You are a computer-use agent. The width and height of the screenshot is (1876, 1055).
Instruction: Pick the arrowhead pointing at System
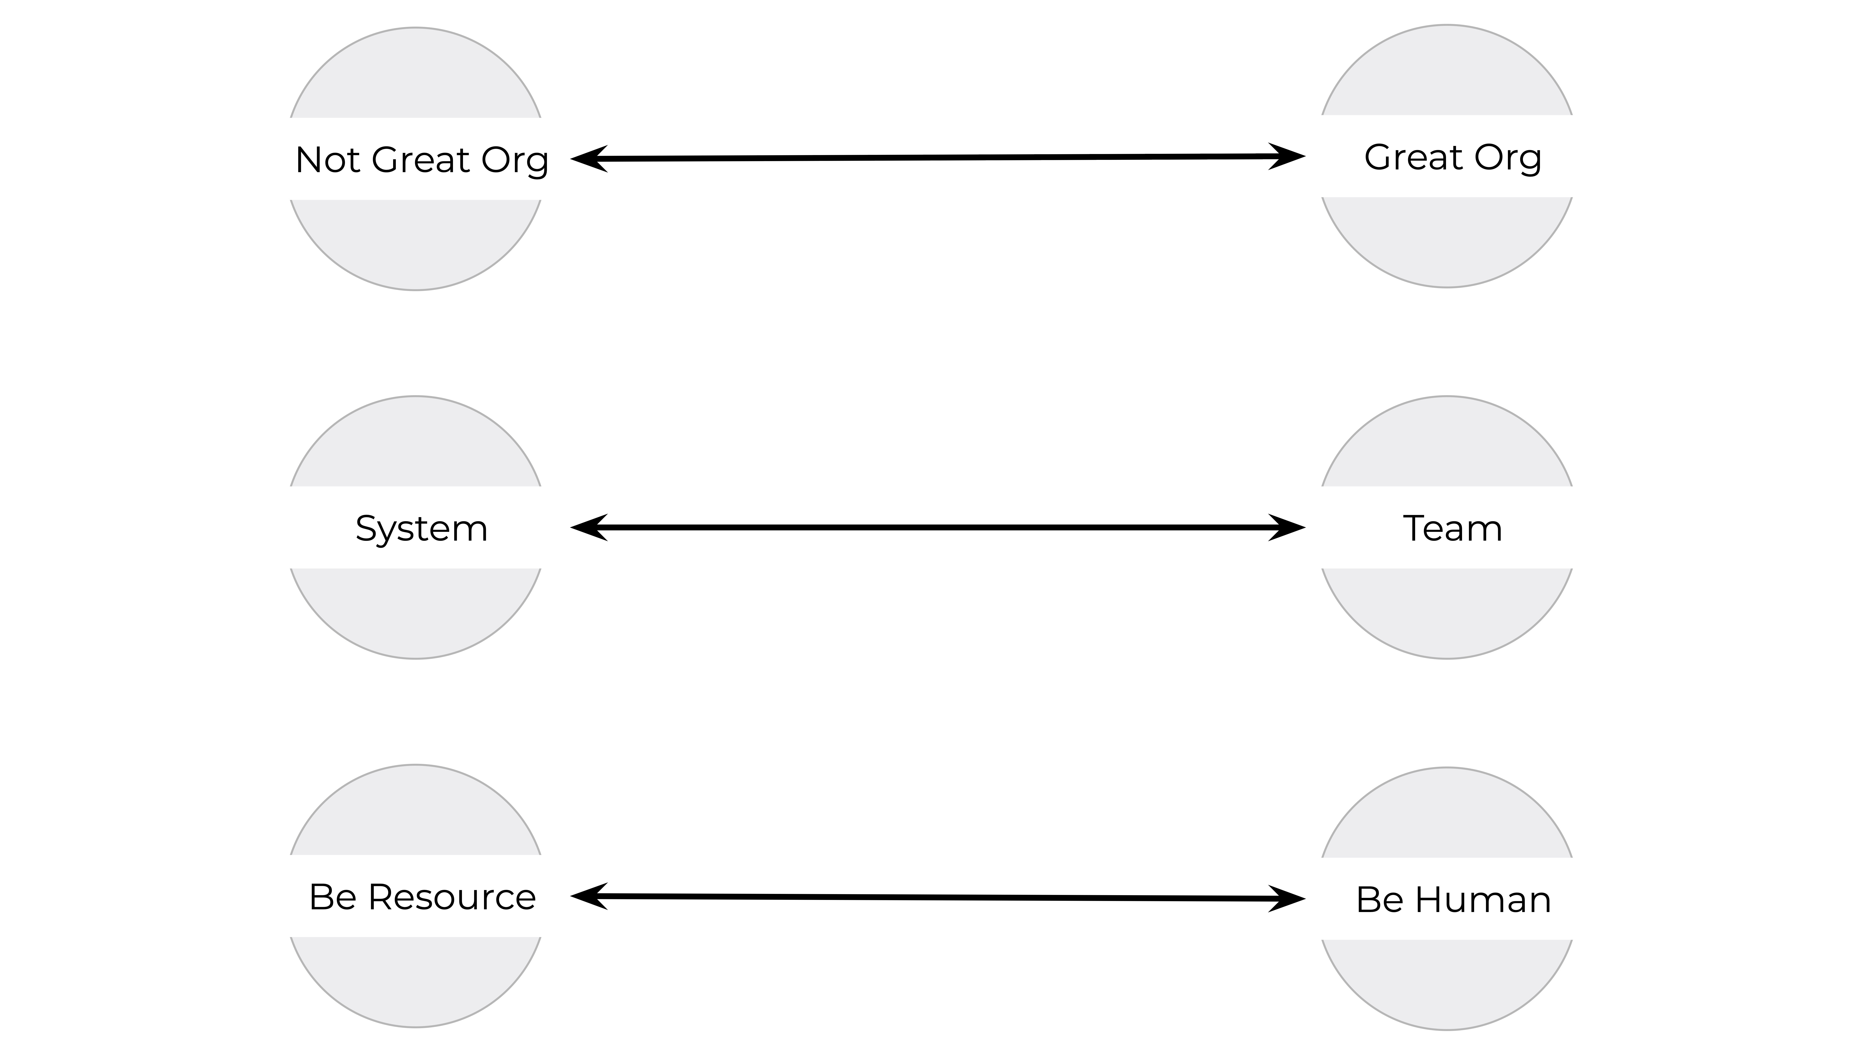[588, 527]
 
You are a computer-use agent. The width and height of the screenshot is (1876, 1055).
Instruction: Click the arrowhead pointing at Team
[1287, 527]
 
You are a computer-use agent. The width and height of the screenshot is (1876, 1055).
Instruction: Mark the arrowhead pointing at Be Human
[1287, 898]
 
